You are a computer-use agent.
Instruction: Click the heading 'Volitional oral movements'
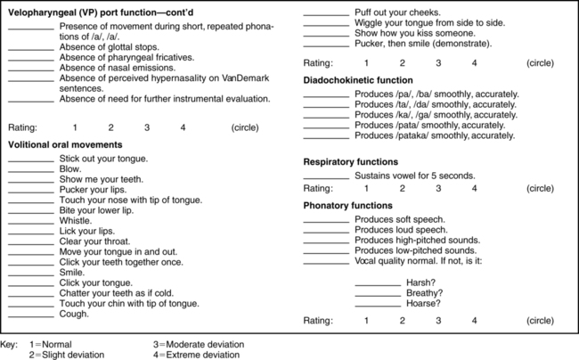click(66, 143)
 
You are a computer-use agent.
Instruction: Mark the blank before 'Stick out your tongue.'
click(30, 158)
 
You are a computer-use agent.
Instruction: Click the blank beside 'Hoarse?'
click(378, 303)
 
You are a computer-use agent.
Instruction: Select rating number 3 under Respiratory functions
click(438, 189)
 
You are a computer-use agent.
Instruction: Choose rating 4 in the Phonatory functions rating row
click(475, 320)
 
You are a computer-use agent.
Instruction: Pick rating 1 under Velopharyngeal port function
click(75, 127)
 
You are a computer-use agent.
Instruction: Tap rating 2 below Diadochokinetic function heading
click(402, 63)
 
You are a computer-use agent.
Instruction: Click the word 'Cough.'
click(74, 314)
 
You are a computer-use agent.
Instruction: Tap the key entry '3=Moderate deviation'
click(197, 344)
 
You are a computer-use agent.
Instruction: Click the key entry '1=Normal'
click(55, 344)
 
